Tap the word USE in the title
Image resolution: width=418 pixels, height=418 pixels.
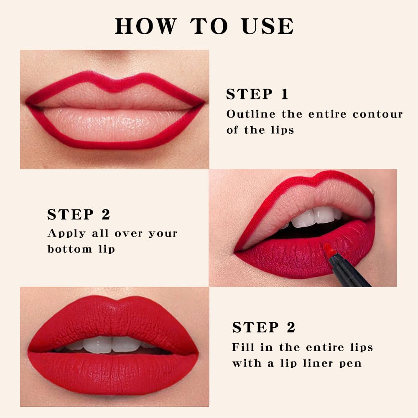point(268,26)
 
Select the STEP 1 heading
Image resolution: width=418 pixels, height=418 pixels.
point(257,94)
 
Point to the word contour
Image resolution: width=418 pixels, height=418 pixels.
point(377,114)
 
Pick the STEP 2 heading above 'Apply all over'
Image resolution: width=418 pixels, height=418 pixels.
point(79,214)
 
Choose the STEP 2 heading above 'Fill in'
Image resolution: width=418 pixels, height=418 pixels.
point(264,327)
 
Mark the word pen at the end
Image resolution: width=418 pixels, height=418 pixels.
point(351,364)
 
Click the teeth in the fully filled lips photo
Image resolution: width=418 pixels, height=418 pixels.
point(112,344)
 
